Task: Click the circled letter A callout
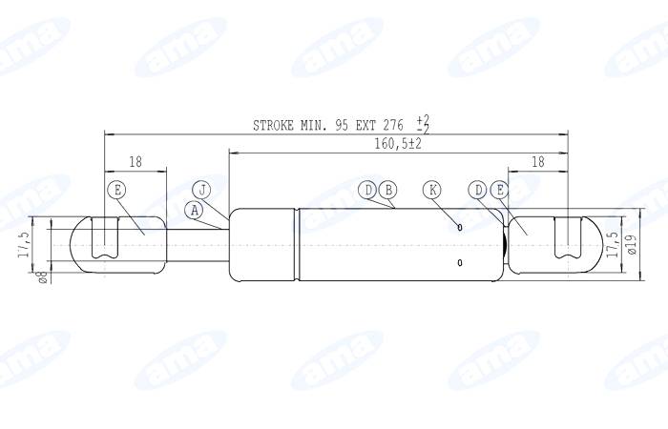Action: click(195, 209)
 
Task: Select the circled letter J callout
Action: click(202, 189)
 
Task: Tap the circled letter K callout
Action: click(433, 190)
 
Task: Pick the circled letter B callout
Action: click(386, 190)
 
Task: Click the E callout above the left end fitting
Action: click(117, 190)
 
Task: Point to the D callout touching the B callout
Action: click(369, 190)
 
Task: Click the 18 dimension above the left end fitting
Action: click(135, 162)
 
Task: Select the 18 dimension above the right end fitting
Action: click(537, 162)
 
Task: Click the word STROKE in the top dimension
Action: click(276, 125)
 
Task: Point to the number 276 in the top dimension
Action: click(393, 125)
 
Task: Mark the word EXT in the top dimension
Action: click(365, 125)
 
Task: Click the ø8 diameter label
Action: click(41, 276)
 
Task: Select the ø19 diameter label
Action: click(632, 247)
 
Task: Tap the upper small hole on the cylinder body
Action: click(460, 227)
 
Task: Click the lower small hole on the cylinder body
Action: click(460, 262)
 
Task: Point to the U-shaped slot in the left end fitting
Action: click(104, 239)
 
